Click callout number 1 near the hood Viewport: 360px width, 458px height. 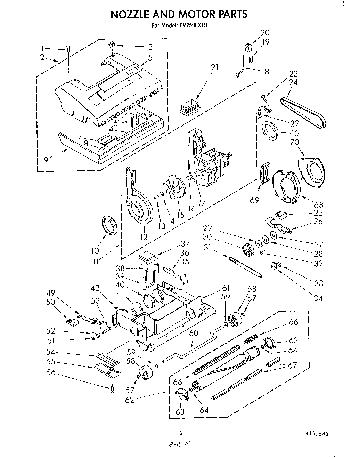pyautogui.click(x=42, y=48)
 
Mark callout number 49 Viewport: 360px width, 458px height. pyautogui.click(x=51, y=293)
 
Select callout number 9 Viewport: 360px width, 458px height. pyautogui.click(x=47, y=160)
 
